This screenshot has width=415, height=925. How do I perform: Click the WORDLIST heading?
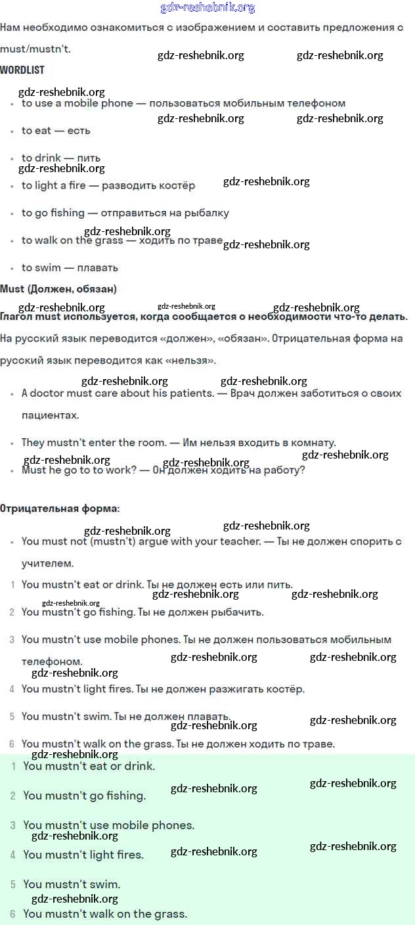click(22, 70)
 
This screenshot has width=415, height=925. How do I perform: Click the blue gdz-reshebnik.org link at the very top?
click(207, 8)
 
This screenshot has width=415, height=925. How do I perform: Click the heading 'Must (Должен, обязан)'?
click(58, 289)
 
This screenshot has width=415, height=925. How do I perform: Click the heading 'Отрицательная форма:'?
click(60, 508)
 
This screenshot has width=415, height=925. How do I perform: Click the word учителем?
click(48, 564)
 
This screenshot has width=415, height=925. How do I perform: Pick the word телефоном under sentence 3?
click(52, 662)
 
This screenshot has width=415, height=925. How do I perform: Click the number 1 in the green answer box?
click(13, 766)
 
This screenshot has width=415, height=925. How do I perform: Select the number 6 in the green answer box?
click(12, 914)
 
